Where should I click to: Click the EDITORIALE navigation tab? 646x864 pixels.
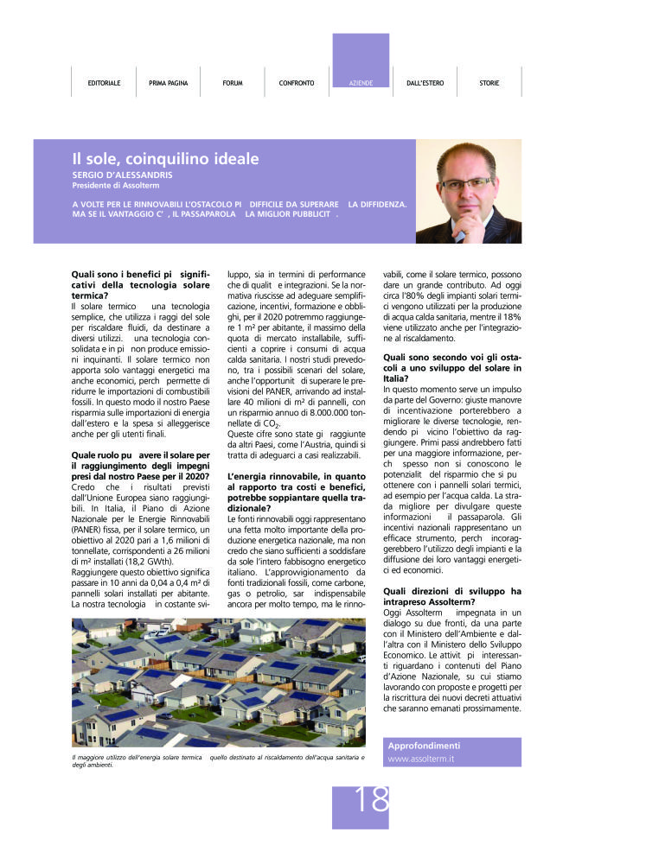pyautogui.click(x=104, y=83)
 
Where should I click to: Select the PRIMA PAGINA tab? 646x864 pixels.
pyautogui.click(x=168, y=83)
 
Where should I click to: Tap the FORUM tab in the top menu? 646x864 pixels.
pyautogui.click(x=232, y=83)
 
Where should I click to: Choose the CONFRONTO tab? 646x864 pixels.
pyautogui.click(x=297, y=83)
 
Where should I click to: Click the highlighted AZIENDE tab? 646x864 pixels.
pyautogui.click(x=361, y=83)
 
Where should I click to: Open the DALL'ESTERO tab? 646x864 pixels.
pyautogui.click(x=425, y=83)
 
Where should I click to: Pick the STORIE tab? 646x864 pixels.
pyautogui.click(x=489, y=83)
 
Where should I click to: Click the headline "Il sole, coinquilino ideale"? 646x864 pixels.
pyautogui.click(x=165, y=159)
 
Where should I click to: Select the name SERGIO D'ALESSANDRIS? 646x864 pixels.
pyautogui.click(x=122, y=175)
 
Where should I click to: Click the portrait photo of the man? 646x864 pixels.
pyautogui.click(x=468, y=191)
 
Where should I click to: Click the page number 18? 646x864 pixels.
pyautogui.click(x=372, y=800)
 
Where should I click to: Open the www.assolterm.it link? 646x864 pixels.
pyautogui.click(x=421, y=759)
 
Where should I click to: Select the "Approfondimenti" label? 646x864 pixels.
pyautogui.click(x=424, y=746)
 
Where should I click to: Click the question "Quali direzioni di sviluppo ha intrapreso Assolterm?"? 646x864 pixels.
pyautogui.click(x=452, y=597)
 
